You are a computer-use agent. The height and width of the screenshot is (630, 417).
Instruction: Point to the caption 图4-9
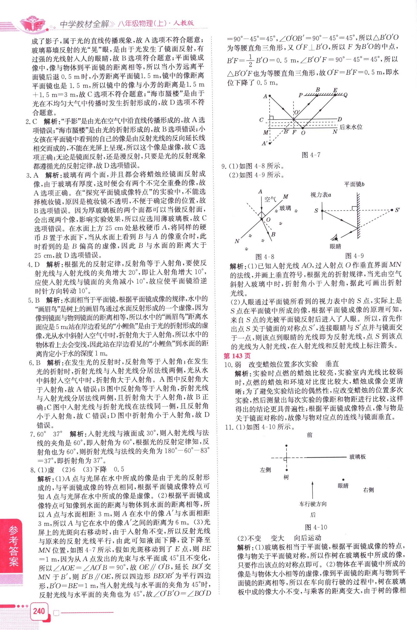click(354, 256)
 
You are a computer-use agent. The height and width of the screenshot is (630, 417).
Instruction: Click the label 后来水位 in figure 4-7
click(351, 127)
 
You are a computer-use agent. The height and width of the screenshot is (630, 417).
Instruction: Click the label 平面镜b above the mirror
click(354, 184)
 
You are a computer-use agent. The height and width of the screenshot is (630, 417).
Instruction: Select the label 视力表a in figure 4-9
click(321, 195)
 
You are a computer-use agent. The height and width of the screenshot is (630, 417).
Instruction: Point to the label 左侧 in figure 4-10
click(265, 470)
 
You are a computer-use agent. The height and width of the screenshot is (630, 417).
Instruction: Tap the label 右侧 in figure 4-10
click(368, 490)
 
